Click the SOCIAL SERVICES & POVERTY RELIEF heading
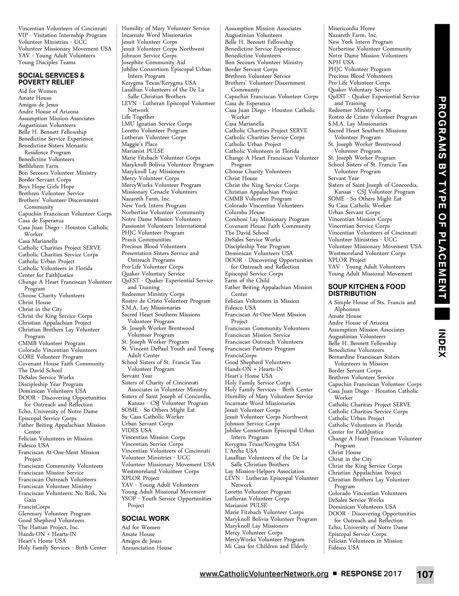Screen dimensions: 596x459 click(x=51, y=79)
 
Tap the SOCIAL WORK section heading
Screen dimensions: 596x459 click(x=145, y=518)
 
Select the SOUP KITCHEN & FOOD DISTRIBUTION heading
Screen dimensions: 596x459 click(x=366, y=290)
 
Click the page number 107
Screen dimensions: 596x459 click(x=425, y=574)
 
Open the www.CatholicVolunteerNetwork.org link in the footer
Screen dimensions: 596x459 click(x=264, y=574)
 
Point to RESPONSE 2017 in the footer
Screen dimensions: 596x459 click(x=371, y=574)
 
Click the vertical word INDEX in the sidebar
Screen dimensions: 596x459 click(x=442, y=343)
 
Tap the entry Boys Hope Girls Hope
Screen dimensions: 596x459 click(x=46, y=186)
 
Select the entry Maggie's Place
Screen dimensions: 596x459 click(x=139, y=144)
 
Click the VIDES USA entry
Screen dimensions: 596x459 click(x=136, y=430)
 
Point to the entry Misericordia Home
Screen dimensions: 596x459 click(x=351, y=28)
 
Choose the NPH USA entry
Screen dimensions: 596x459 click(x=341, y=62)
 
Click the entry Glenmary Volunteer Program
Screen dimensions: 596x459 click(x=54, y=514)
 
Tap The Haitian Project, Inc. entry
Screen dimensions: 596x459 click(x=48, y=527)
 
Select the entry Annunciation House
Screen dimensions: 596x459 click(x=147, y=548)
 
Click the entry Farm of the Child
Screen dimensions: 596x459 click(x=247, y=281)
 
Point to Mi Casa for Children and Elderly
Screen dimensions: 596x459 click(x=266, y=546)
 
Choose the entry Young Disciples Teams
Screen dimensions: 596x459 click(x=47, y=62)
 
